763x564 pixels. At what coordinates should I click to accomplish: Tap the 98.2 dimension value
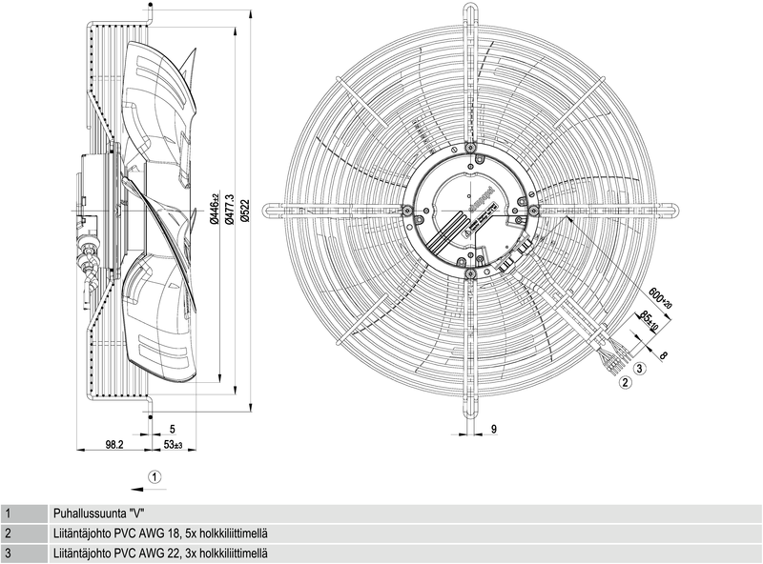[x=115, y=444]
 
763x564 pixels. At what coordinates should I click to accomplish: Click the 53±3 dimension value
[x=174, y=444]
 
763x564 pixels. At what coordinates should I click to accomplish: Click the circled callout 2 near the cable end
[x=626, y=383]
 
